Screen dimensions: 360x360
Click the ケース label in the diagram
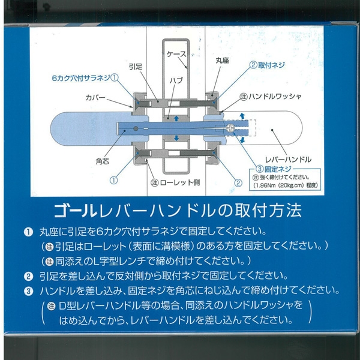[176, 54]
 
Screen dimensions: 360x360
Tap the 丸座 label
[222, 61]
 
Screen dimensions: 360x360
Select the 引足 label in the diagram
[136, 67]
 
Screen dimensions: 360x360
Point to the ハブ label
[176, 80]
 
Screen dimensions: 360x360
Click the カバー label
[95, 98]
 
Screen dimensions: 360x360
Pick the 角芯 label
[102, 161]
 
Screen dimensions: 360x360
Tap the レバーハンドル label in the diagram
[288, 160]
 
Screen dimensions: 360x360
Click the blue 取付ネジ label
[271, 65]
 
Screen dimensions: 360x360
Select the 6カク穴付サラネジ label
[81, 78]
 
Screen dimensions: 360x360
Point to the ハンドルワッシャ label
[275, 97]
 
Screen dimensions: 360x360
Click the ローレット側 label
[180, 183]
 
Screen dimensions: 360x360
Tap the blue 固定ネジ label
[278, 169]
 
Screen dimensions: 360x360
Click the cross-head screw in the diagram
[230, 128]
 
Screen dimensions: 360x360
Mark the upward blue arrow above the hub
[176, 118]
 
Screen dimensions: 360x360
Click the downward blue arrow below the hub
[176, 138]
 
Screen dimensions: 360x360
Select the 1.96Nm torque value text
[264, 185]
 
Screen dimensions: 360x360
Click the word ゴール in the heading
[76, 211]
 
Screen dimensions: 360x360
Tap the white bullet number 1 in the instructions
[28, 232]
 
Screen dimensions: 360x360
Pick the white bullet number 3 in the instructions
[28, 292]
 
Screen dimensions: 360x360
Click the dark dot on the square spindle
[136, 128]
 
